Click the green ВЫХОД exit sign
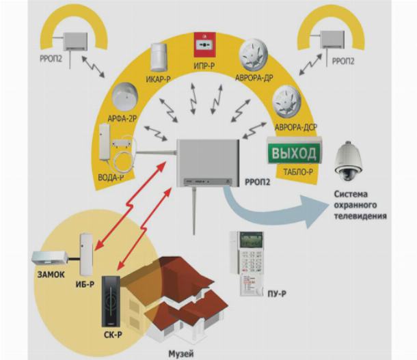click(x=294, y=152)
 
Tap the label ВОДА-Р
click(x=111, y=179)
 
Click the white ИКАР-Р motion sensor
click(x=160, y=55)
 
